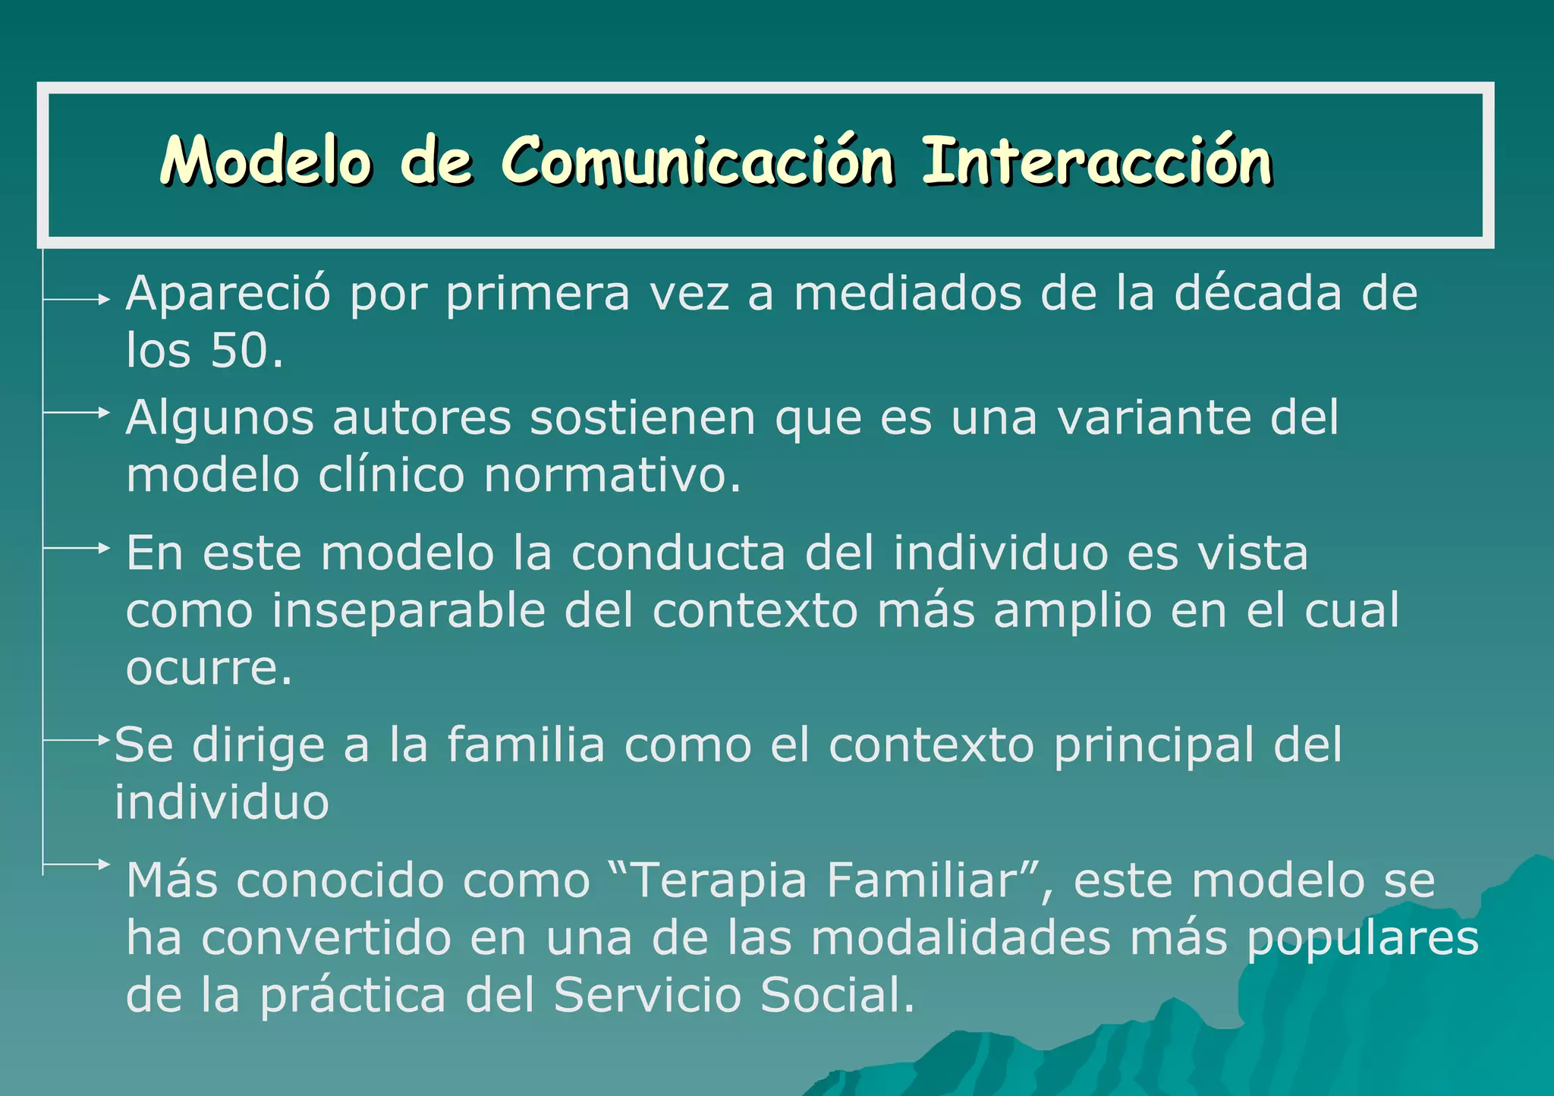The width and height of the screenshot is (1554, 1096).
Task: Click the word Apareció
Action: [228, 294]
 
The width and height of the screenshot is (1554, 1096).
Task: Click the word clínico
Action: [391, 476]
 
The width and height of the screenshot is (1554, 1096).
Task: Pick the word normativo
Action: [612, 476]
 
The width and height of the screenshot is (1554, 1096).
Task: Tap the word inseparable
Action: [408, 610]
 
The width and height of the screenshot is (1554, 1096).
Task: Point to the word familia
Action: [525, 745]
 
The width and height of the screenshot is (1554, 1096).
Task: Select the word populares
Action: [1363, 940]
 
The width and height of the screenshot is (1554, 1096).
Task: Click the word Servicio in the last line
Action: [646, 995]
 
